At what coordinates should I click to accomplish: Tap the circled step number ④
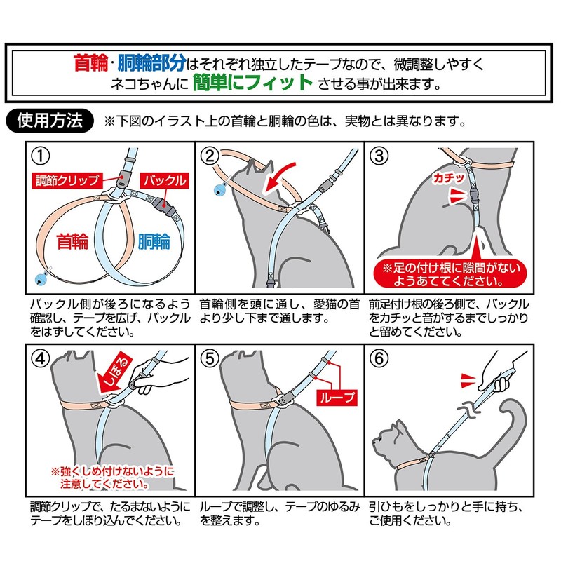[x=41, y=358]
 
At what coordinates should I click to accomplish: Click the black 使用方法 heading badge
[x=49, y=120]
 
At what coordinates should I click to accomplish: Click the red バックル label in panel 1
[x=163, y=180]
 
